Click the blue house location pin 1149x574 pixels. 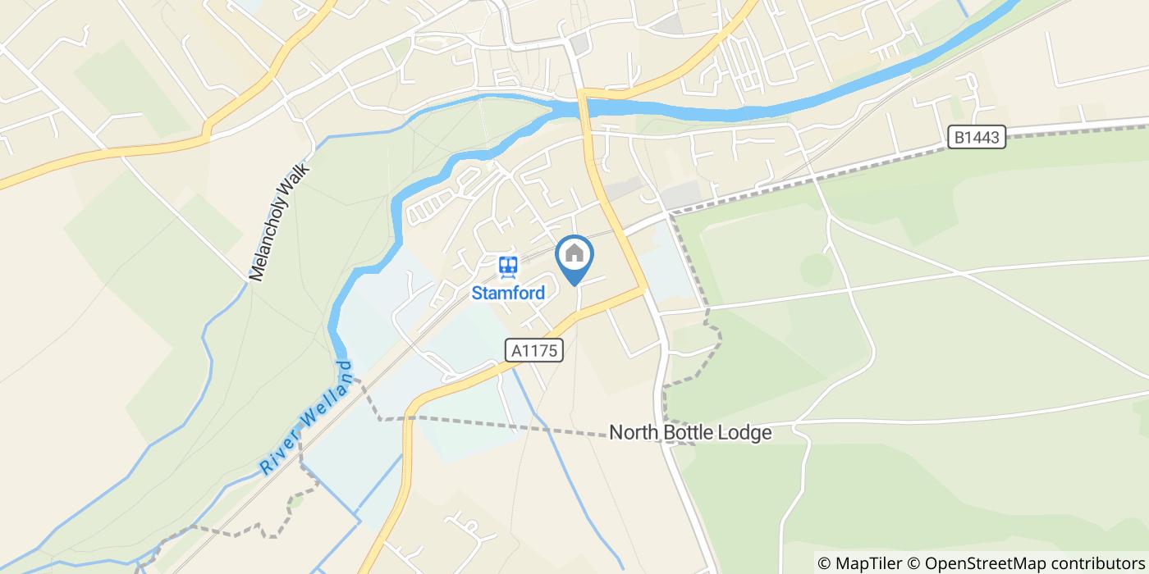[574, 256]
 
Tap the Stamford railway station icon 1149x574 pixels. [508, 266]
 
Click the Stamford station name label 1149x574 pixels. [508, 293]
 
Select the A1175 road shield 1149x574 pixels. [534, 351]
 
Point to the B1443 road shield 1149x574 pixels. [977, 138]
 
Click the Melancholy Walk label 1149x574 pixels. [278, 221]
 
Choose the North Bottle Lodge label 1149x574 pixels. [690, 433]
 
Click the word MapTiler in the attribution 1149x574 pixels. [869, 563]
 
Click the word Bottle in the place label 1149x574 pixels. [688, 433]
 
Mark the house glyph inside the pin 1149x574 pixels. [574, 253]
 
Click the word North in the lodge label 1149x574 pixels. [634, 433]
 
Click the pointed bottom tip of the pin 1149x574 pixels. [574, 285]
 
